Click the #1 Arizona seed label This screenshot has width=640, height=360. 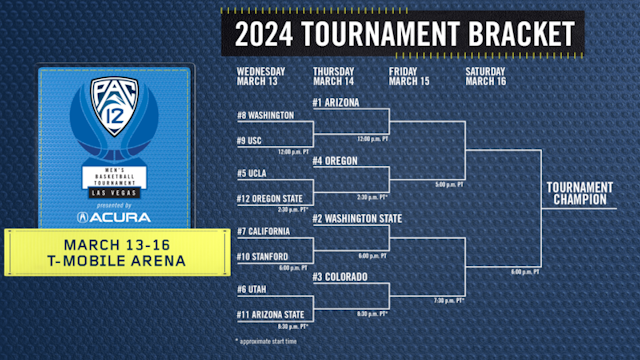click(336, 103)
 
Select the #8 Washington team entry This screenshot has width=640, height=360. click(265, 116)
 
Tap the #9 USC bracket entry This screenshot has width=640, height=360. click(250, 141)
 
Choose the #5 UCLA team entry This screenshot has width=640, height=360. click(251, 173)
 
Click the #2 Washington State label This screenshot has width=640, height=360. click(357, 218)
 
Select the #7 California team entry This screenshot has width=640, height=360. click(264, 231)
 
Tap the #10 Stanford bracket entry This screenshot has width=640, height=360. click(262, 256)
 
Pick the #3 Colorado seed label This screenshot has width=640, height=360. click(340, 276)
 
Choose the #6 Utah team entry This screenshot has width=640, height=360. click(252, 289)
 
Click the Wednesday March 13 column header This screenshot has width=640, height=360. click(261, 76)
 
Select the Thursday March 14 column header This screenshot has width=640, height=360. click(334, 76)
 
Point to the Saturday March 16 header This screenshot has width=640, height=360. click(486, 76)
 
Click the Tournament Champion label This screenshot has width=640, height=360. click(580, 193)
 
